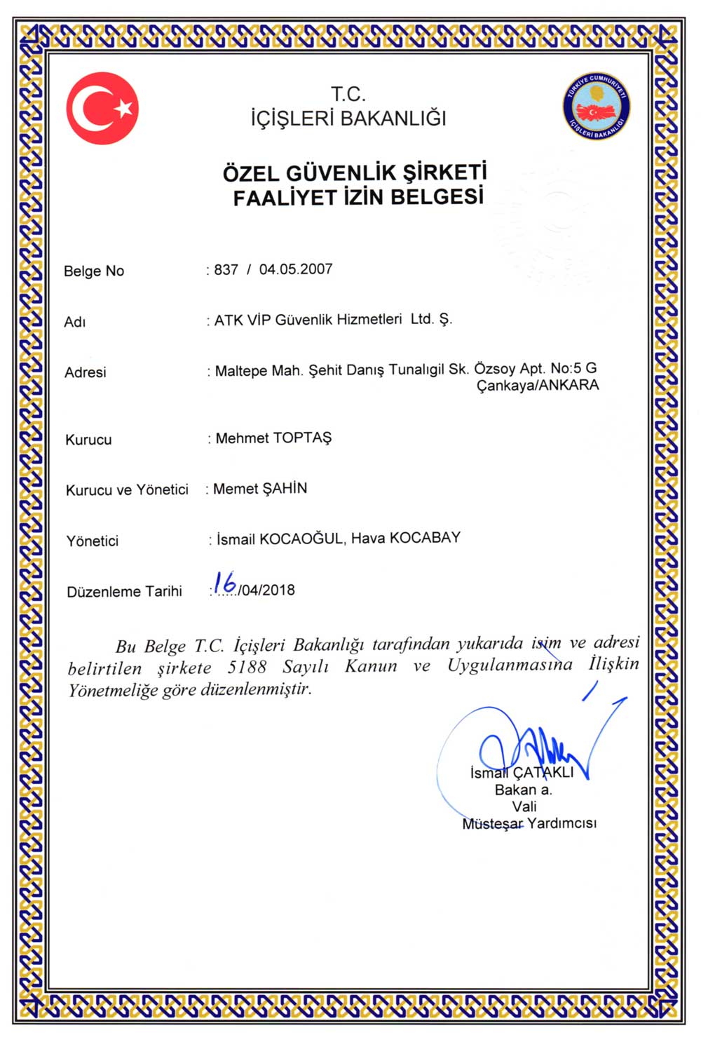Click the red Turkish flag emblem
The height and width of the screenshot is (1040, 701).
(102, 109)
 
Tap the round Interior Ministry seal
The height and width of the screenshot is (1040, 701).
(597, 107)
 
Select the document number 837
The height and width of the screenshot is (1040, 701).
(226, 270)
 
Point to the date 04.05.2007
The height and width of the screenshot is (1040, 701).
(296, 269)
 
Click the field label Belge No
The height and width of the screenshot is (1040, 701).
(94, 271)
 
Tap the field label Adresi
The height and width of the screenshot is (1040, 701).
(86, 372)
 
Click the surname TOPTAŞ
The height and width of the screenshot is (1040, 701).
(302, 438)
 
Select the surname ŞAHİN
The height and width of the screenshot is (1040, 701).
(284, 489)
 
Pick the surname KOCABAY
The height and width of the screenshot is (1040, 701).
(426, 538)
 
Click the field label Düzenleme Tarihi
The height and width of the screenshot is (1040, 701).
(124, 592)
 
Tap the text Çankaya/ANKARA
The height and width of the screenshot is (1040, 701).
(538, 386)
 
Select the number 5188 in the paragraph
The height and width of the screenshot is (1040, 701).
(247, 667)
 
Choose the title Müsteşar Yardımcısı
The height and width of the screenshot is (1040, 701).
(529, 823)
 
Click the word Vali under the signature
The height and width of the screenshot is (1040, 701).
(524, 806)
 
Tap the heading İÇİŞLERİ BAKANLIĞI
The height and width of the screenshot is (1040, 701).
(348, 118)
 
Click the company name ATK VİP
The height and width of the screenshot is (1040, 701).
(242, 320)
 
